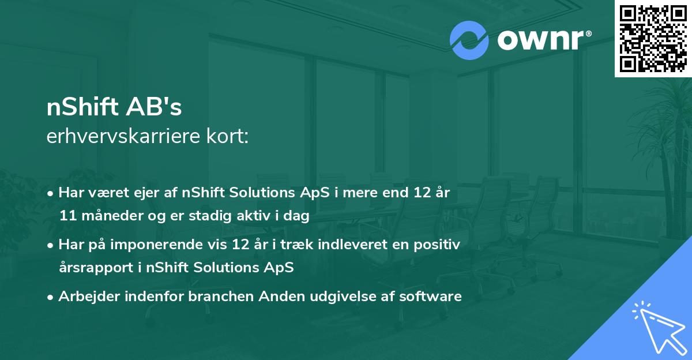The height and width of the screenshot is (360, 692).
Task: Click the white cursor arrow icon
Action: [x=657, y=327]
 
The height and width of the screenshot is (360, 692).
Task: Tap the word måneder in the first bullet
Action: [x=110, y=216]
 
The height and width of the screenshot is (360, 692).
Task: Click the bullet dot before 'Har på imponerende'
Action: [x=52, y=245]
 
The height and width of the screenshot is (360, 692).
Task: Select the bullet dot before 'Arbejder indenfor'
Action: [x=52, y=297]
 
